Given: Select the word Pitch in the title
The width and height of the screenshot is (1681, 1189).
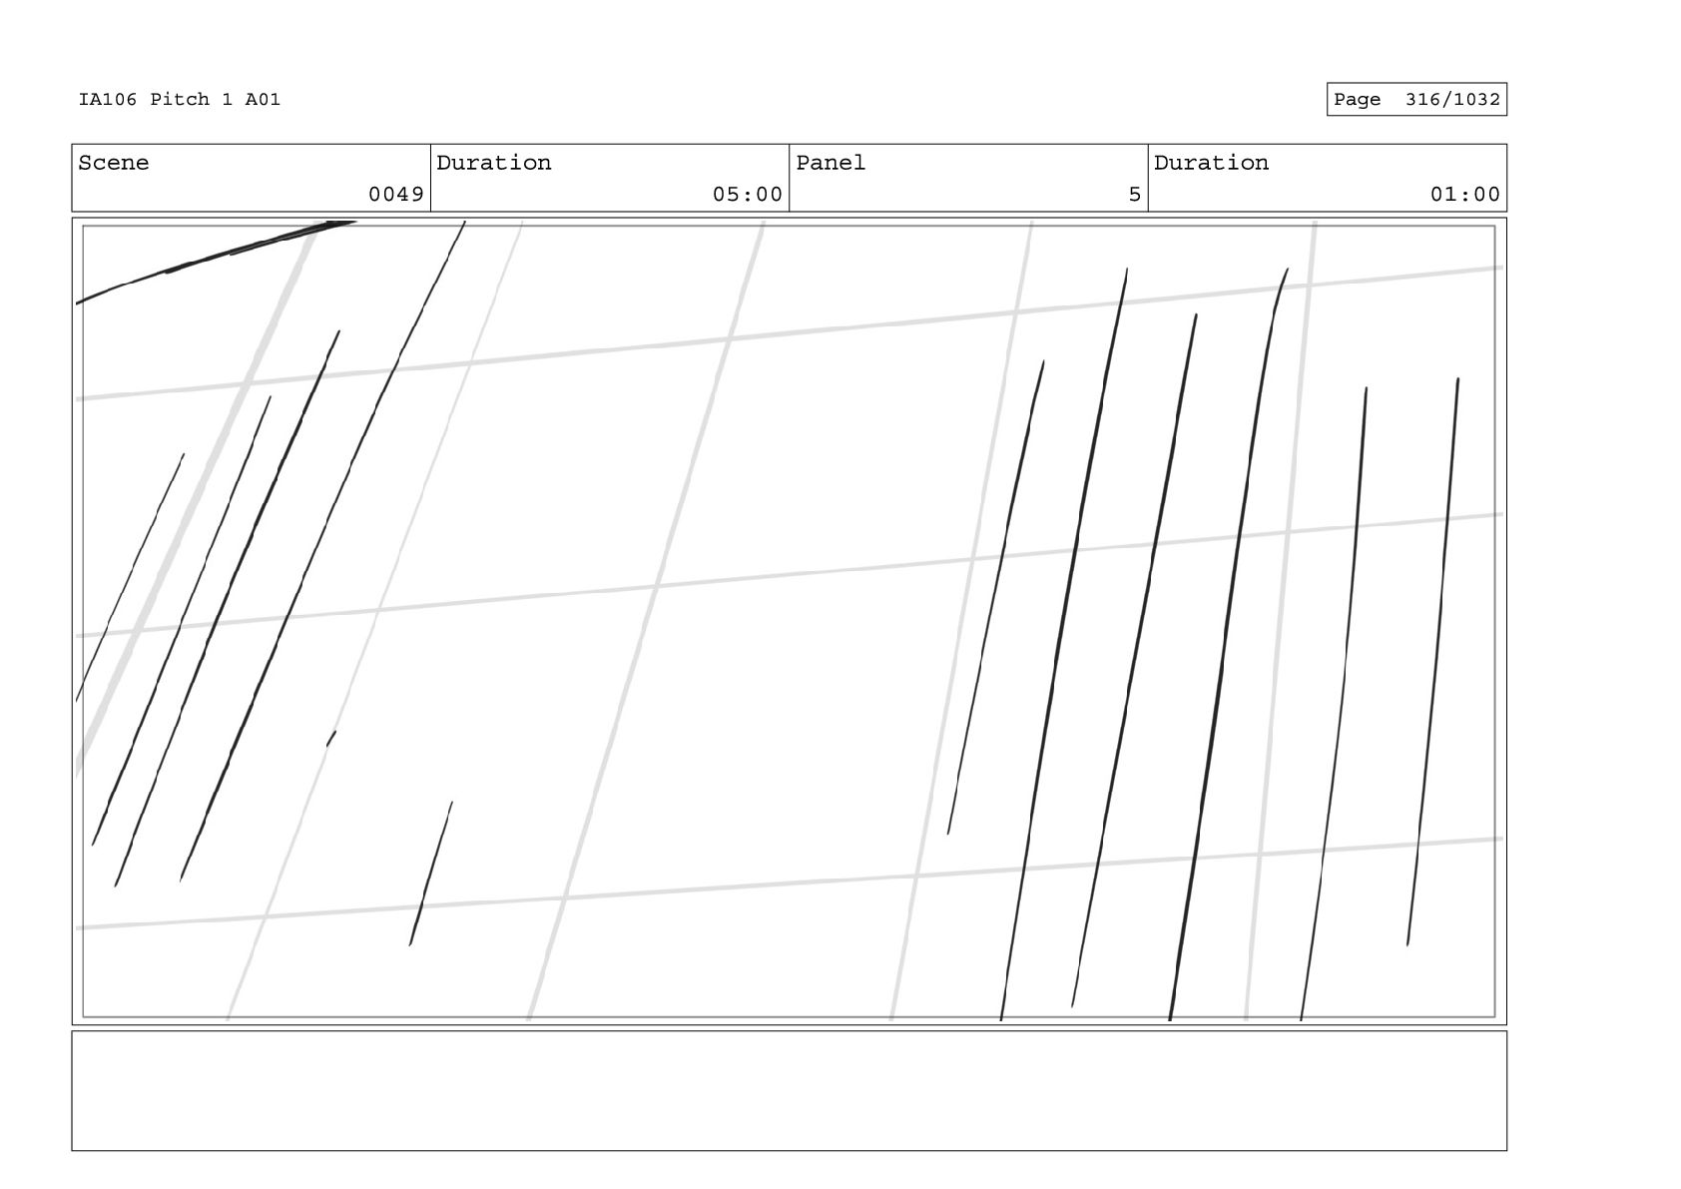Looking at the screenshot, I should [x=180, y=100].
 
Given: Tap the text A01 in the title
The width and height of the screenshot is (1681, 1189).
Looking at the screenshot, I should [x=263, y=100].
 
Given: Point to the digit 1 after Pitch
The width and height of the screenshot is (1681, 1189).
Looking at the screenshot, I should [x=228, y=100].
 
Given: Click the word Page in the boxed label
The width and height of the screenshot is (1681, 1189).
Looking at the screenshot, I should [x=1357, y=100].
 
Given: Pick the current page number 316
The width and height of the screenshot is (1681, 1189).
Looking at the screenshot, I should [x=1423, y=100].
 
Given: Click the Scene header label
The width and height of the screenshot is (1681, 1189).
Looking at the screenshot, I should [x=113, y=163].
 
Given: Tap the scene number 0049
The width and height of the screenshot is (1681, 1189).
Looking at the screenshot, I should [x=396, y=195].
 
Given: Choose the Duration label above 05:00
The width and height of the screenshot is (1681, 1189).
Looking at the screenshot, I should [x=493, y=163].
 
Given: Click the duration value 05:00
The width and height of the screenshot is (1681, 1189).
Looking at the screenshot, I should [x=747, y=195].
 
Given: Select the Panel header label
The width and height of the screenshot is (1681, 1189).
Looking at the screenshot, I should [x=831, y=163].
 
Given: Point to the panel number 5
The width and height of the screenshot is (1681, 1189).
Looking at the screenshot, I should [x=1134, y=195].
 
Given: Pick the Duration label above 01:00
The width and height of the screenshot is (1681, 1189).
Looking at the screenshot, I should [x=1211, y=163].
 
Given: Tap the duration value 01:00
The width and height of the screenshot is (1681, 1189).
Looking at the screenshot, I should [x=1464, y=195].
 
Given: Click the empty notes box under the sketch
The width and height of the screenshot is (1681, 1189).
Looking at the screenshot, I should [x=789, y=1090].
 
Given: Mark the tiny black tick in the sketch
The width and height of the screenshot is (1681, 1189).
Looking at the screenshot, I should [x=331, y=738].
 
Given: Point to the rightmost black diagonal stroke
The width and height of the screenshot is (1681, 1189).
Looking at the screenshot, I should [x=1434, y=659].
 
